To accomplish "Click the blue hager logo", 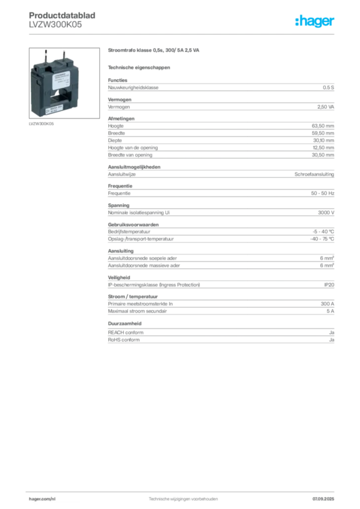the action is pyautogui.click(x=315, y=21).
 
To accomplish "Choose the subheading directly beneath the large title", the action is pyautogui.click(x=139, y=67).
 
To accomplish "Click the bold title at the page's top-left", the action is pyautogui.click(x=63, y=12).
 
